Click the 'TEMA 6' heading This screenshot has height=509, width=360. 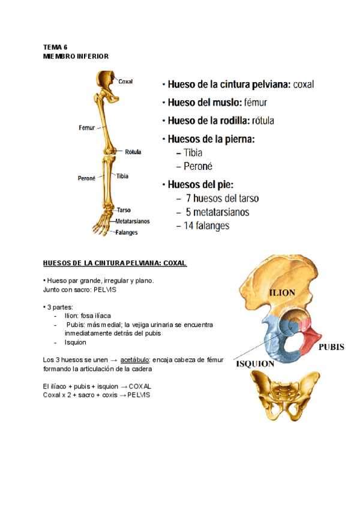point(55,47)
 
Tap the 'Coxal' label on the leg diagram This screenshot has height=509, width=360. point(125,82)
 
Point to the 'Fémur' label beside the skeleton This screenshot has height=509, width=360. point(87,128)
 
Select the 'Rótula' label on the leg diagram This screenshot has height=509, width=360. point(133,152)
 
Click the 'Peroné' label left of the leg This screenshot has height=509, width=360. point(87,178)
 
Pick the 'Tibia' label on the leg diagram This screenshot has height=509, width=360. point(122,176)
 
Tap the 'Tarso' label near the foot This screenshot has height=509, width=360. point(124,210)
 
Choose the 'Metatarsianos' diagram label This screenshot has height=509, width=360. point(132,221)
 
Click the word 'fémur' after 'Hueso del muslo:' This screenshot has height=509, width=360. point(258,103)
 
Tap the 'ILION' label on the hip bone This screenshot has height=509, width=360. point(281,293)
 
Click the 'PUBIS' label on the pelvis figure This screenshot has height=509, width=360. point(331,347)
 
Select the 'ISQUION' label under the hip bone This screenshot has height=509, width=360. point(256,363)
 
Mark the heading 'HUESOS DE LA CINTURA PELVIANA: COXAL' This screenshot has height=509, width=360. point(115,263)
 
